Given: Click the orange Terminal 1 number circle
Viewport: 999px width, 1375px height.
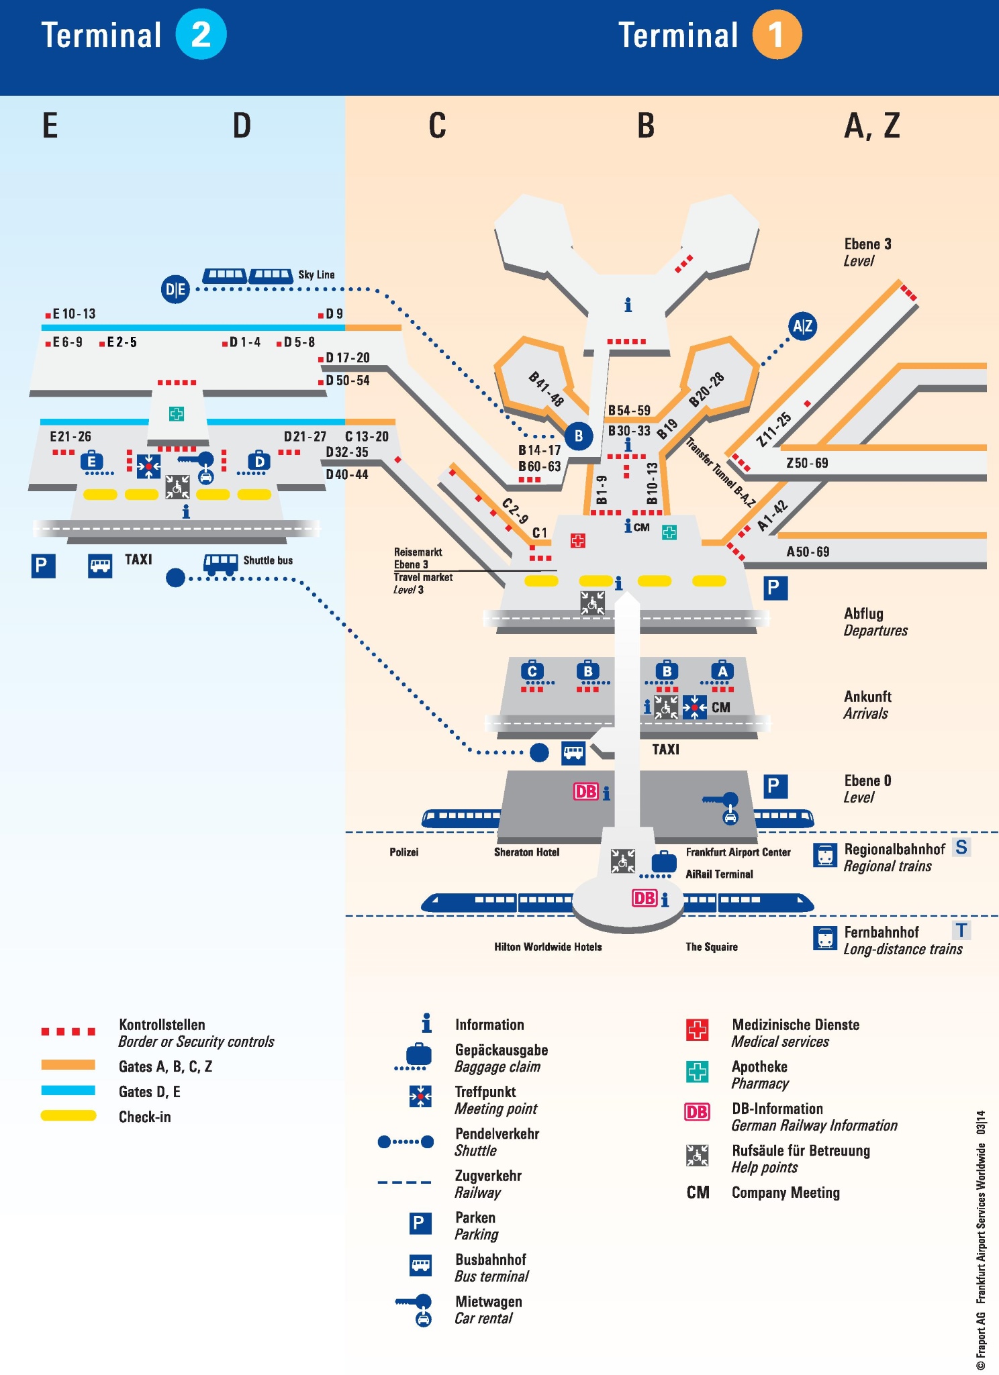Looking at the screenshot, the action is pos(777,35).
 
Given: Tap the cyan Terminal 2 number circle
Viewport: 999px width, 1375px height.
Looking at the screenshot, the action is pos(201,34).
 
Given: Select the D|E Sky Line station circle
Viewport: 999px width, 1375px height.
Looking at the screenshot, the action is pos(175,289).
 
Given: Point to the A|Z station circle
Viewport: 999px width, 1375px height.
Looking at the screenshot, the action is pos(802,327).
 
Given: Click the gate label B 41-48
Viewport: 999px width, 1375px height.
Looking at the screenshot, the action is pos(546,389).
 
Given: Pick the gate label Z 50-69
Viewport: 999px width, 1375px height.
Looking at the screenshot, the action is pos(807,463).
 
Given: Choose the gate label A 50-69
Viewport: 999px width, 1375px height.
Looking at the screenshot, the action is pos(808,552).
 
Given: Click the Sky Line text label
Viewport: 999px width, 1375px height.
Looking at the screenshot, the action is pos(316,274).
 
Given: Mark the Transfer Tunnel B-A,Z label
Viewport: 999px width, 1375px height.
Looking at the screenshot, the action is pos(720,472).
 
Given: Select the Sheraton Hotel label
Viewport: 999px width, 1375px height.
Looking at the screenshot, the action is pos(526,852).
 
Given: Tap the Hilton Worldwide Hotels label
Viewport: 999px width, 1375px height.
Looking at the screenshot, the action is pos(548,947).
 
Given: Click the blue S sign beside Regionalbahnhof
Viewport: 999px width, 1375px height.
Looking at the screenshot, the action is pos(961,848).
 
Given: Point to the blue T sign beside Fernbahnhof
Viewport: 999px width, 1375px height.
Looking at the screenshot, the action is pos(961,930).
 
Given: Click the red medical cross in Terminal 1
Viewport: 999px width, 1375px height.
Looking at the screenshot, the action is pos(577,540).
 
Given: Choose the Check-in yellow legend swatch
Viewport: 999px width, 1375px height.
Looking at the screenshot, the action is pos(68,1115).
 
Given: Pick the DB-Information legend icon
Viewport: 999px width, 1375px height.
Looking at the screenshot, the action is pos(697,1112).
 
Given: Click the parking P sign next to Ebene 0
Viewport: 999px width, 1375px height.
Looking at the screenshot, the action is pos(775,786).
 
